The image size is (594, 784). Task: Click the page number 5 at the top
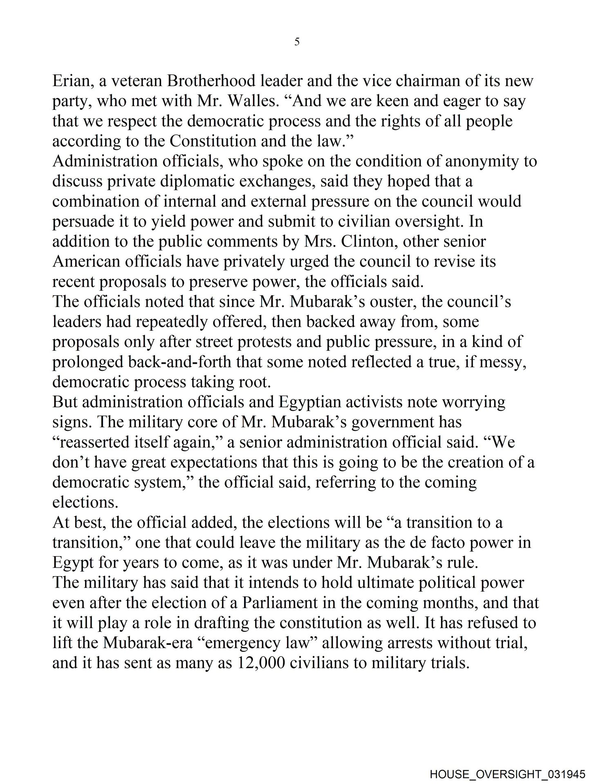coord(297,42)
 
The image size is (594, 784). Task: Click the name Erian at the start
coord(70,81)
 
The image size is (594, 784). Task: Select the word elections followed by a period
coord(85,502)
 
